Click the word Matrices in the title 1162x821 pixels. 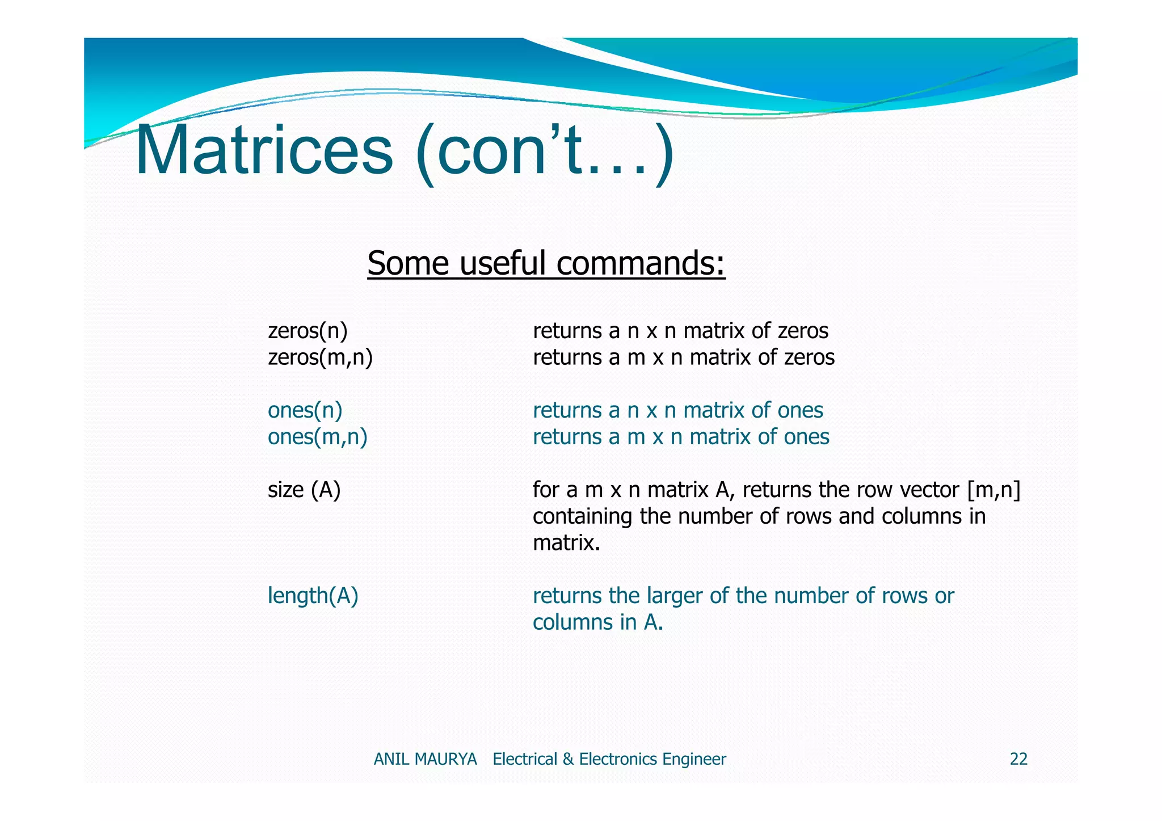pyautogui.click(x=264, y=151)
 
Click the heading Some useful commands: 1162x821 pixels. pyautogui.click(x=546, y=263)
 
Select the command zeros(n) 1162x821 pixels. pyautogui.click(x=308, y=331)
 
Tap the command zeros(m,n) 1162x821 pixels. pyautogui.click(x=320, y=357)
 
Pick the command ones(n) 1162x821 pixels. pyautogui.click(x=305, y=410)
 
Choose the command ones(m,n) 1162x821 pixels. pyautogui.click(x=317, y=437)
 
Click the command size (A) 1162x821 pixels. pyautogui.click(x=304, y=490)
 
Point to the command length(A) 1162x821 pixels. pyautogui.click(x=313, y=596)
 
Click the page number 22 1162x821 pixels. pyautogui.click(x=1018, y=759)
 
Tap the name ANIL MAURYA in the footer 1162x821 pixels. pyautogui.click(x=425, y=759)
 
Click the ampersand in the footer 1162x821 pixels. pyautogui.click(x=568, y=759)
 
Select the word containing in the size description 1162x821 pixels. pyautogui.click(x=582, y=516)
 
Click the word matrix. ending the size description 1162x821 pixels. pyautogui.click(x=566, y=543)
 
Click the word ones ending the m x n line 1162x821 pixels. pyautogui.click(x=806, y=437)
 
